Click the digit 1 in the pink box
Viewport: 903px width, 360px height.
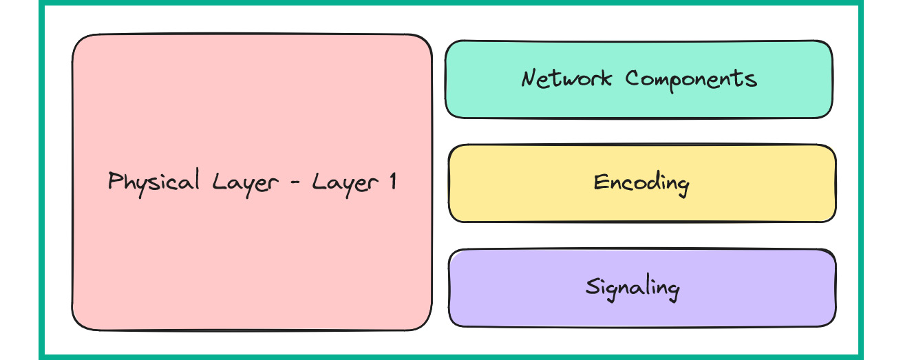(x=392, y=182)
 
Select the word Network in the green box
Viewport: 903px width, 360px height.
(x=566, y=78)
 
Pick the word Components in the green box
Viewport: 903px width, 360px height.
(x=691, y=78)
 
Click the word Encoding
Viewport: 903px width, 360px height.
(x=641, y=183)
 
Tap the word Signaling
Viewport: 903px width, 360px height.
(x=633, y=287)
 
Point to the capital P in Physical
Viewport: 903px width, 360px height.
(x=116, y=181)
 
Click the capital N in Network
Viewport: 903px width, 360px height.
(x=529, y=78)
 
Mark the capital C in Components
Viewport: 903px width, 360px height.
(x=633, y=78)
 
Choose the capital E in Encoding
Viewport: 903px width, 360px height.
(x=601, y=182)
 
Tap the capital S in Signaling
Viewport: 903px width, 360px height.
(x=593, y=286)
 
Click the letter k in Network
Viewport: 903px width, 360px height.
(x=606, y=78)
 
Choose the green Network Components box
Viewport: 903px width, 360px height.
(x=639, y=103)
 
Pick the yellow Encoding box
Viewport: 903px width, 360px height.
(x=642, y=207)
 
